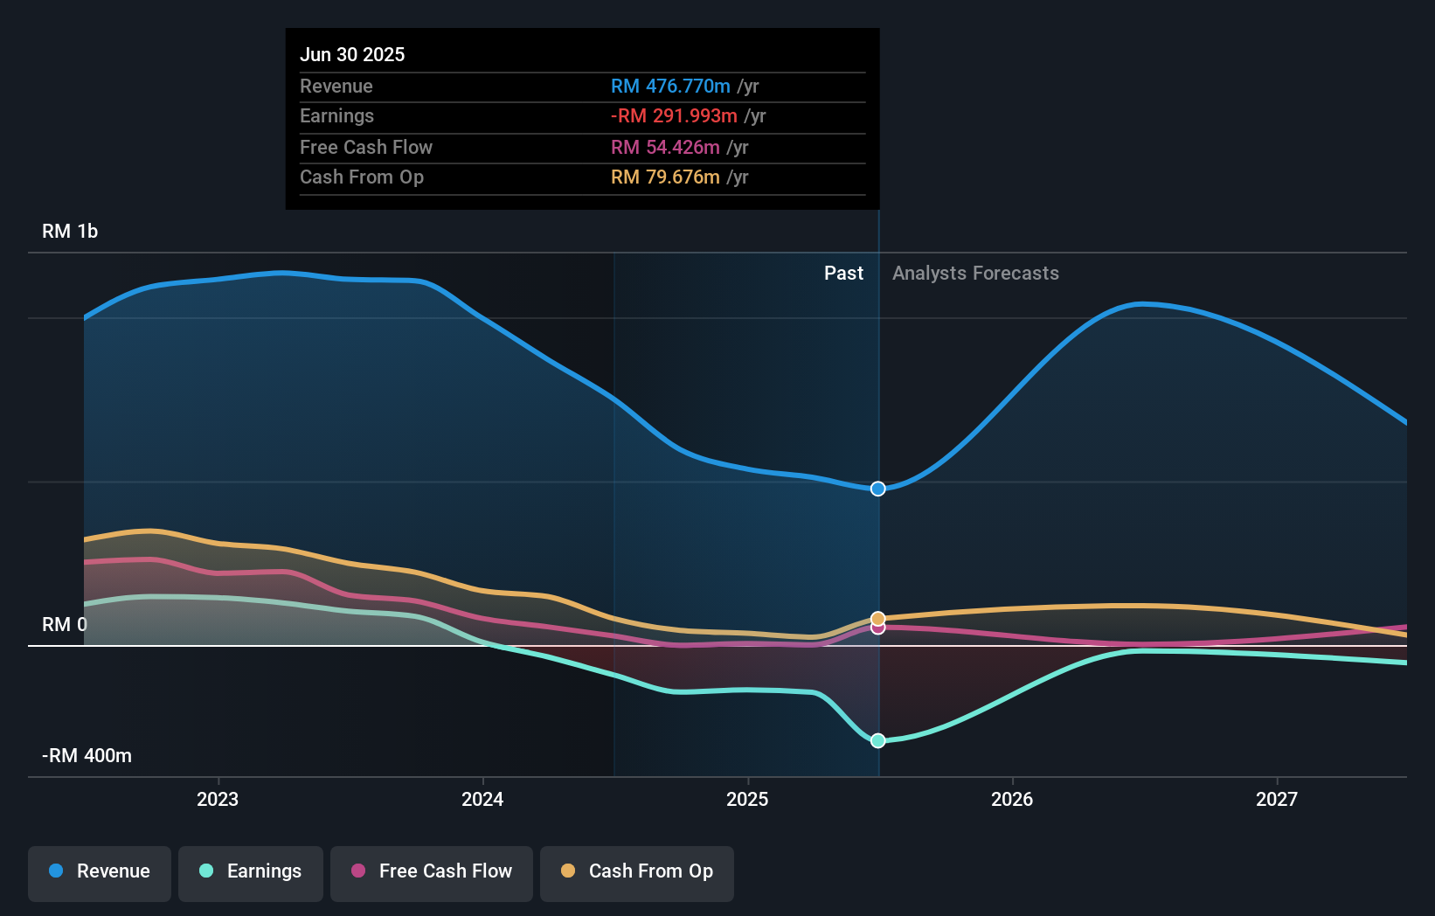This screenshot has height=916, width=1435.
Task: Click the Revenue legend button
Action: tap(100, 871)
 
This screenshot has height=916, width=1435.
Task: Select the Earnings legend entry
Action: tap(251, 871)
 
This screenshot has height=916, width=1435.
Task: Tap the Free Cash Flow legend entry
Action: tap(432, 871)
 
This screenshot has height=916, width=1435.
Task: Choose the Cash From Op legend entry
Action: tap(637, 871)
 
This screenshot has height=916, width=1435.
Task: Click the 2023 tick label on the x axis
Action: tap(218, 799)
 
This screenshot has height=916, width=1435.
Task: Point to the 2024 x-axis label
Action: tap(482, 799)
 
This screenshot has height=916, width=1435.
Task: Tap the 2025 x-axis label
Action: tap(747, 799)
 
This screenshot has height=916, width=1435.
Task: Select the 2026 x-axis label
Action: tap(1012, 799)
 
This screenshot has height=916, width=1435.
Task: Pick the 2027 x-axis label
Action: tap(1277, 799)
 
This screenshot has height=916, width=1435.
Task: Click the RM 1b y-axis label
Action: tap(70, 232)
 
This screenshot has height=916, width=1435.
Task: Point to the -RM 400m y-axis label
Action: tap(87, 756)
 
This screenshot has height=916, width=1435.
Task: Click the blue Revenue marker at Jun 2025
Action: tap(878, 489)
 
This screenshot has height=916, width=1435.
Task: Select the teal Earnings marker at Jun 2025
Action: tap(878, 740)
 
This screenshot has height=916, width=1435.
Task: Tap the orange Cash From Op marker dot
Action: tap(878, 619)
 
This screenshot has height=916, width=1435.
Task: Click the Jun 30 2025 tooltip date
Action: tap(352, 54)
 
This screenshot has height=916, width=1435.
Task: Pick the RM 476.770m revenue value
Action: tap(670, 87)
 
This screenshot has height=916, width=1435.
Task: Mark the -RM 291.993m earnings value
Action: tap(674, 116)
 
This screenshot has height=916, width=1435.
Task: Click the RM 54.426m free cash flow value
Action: tap(665, 148)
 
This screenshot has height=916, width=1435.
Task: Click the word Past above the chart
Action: tap(843, 274)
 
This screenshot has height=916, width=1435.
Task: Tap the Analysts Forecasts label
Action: tap(975, 274)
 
